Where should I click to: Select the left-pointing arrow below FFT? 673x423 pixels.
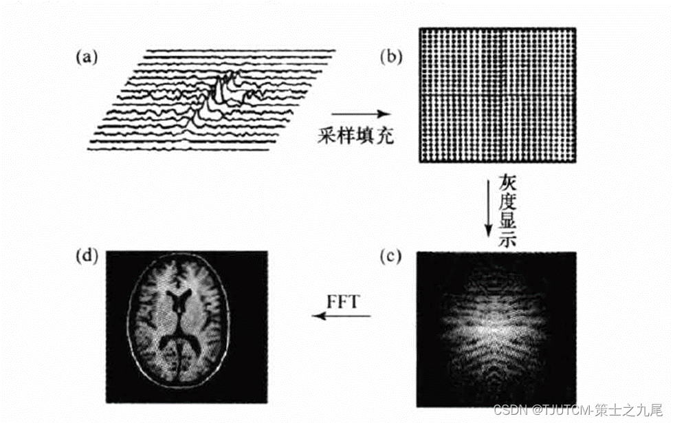coord(342,316)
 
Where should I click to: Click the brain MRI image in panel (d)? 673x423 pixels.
coord(179,327)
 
